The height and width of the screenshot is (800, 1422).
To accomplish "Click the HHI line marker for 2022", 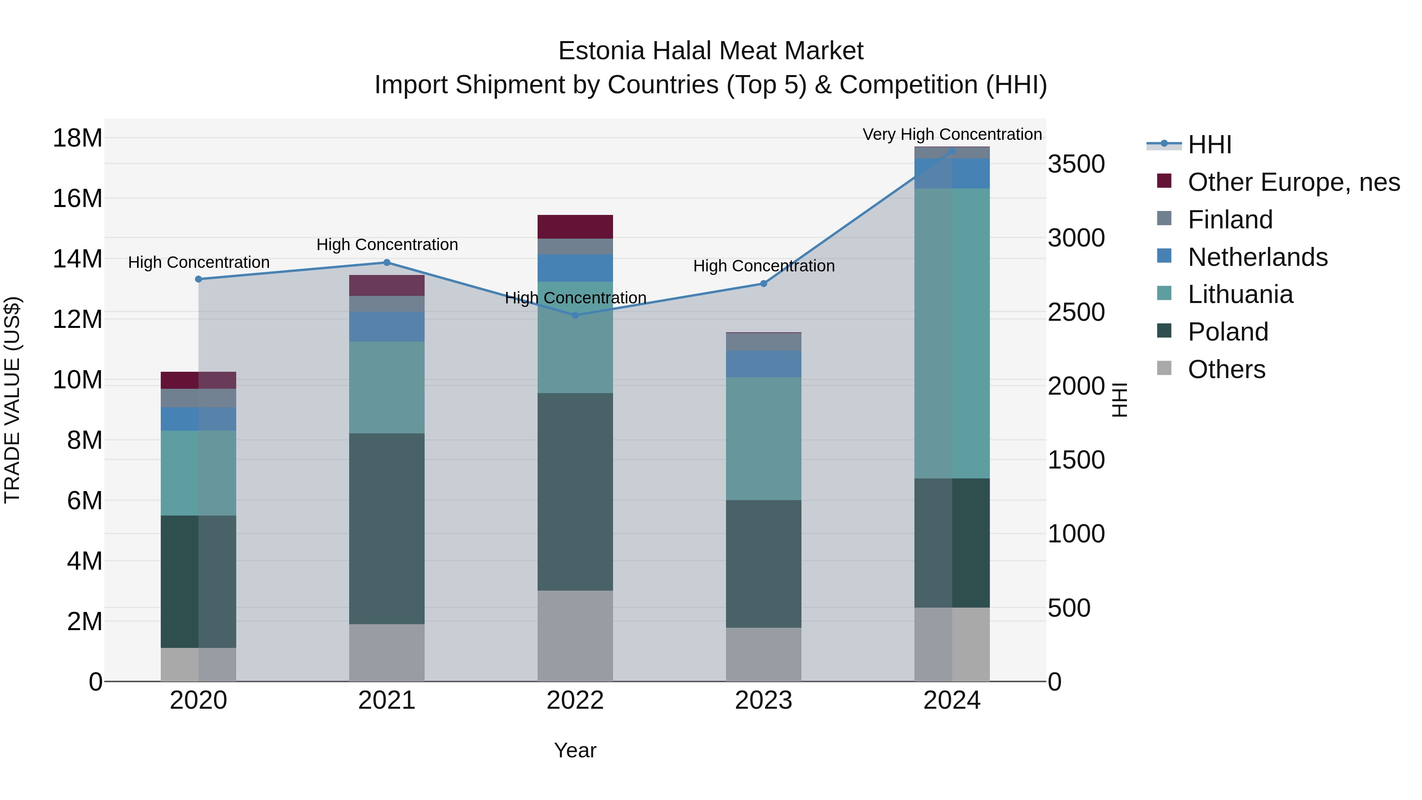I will [x=575, y=315].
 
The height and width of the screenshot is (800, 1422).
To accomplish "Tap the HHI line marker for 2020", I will [x=199, y=279].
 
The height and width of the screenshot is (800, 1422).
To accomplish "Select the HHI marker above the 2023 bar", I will [x=764, y=284].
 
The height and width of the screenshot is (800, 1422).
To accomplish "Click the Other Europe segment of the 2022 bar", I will [x=575, y=227].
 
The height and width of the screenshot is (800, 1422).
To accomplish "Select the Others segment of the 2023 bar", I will [x=764, y=654].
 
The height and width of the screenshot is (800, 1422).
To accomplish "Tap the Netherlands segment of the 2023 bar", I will [x=764, y=364].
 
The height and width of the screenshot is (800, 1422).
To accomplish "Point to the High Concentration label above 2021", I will [x=387, y=245].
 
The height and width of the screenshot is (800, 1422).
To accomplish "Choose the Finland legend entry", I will [x=1230, y=220].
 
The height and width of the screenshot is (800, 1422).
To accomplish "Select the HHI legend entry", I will [x=1209, y=145].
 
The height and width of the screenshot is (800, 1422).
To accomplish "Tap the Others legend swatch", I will [x=1164, y=368].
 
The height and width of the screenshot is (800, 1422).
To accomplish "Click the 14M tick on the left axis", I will [x=77, y=259].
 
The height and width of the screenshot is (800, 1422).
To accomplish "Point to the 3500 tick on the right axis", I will [x=1076, y=164].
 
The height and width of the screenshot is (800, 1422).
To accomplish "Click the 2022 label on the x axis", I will [x=575, y=700].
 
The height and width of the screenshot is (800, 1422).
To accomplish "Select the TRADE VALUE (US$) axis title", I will [x=12, y=400].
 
